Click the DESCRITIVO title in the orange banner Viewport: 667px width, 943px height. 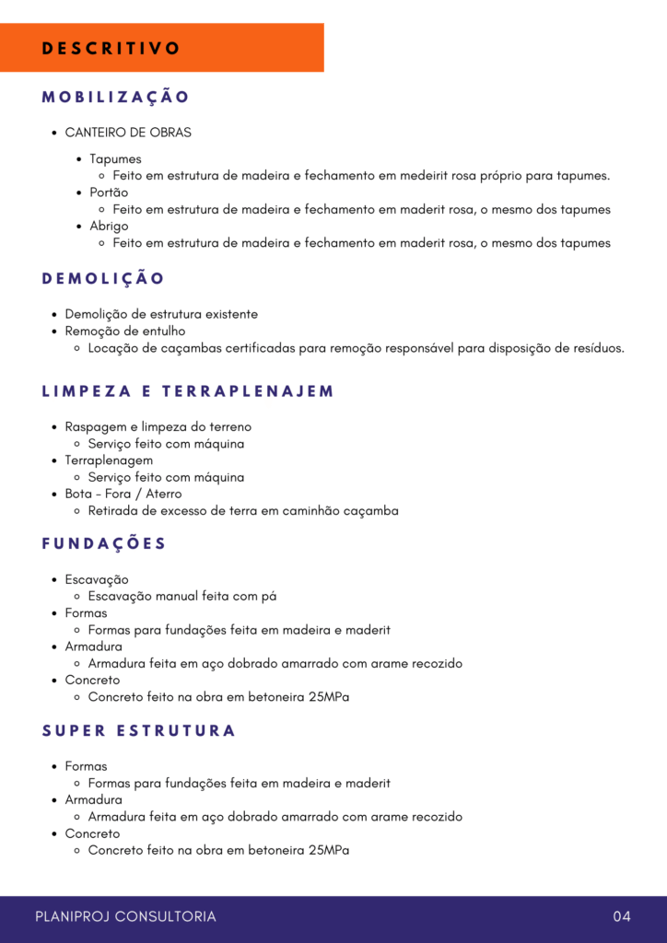pos(111,49)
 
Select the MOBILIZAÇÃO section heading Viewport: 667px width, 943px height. pos(115,97)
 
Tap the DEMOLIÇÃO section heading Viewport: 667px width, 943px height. pos(103,278)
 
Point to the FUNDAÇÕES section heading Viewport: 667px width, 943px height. pos(104,543)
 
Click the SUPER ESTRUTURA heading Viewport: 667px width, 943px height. pos(139,731)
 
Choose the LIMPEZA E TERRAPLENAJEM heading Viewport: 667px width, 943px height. pos(188,391)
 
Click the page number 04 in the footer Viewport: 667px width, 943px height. pos(622,916)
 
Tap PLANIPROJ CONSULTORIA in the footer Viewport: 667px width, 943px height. pos(125,916)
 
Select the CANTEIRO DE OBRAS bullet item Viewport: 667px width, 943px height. pos(128,133)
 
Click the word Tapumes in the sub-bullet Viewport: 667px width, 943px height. pos(115,159)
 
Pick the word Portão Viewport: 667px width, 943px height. pos(109,192)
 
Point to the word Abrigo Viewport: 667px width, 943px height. pos(109,226)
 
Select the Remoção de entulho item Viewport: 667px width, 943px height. pos(124,331)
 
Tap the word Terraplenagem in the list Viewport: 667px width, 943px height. pos(109,460)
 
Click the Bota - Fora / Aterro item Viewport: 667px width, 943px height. pos(123,494)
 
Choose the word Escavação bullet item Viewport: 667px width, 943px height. pos(96,579)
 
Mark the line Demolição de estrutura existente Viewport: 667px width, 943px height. pos(161,314)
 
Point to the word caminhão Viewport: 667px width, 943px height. pos(306,510)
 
